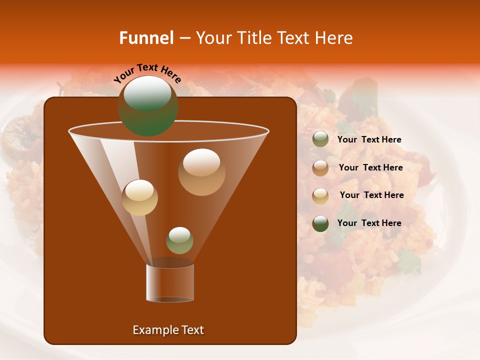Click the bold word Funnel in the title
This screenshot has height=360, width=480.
146,38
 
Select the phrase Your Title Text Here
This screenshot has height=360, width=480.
274,38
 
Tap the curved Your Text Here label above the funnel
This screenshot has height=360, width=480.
147,73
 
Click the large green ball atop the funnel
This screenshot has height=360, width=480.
147,106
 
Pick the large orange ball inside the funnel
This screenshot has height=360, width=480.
201,172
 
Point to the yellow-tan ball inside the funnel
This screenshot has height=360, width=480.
139,197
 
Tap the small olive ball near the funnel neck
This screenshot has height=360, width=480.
179,240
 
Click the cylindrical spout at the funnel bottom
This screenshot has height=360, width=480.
170,282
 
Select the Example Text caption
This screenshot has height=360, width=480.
168,330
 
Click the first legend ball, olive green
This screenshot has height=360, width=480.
320,139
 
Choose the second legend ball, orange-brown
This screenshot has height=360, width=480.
320,168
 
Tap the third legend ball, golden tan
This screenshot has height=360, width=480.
320,196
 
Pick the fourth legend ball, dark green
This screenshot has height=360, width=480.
320,223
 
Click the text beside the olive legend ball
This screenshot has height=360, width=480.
369,140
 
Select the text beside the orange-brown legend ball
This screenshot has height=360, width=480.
370,168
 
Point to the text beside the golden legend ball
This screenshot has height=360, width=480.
371,195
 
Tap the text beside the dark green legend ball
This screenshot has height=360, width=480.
369,223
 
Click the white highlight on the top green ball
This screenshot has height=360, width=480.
147,93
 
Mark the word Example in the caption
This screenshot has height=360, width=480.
151,330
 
